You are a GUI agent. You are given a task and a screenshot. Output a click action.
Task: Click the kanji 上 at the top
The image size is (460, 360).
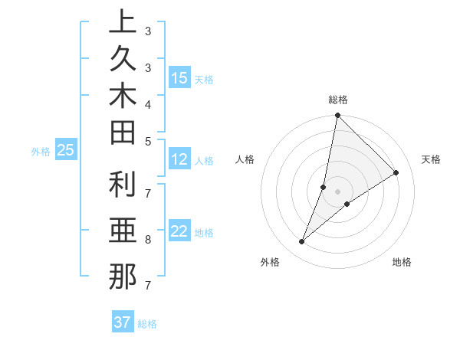122,23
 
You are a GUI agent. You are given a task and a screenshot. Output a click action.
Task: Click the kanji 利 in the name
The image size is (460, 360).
122,185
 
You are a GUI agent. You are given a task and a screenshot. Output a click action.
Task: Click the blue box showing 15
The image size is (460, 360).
179,78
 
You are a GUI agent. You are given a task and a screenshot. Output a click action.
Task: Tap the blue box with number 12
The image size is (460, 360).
179,160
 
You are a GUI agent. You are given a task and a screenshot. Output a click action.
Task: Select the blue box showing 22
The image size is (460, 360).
179,232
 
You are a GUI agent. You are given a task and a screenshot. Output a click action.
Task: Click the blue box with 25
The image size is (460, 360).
65,151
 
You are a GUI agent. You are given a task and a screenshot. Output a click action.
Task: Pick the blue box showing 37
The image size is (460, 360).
122,322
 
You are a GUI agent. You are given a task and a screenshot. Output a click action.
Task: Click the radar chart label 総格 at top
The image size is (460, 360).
338,100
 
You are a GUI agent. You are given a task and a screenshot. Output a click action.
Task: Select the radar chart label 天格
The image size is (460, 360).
431,159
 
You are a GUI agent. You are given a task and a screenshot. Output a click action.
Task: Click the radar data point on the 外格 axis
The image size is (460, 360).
302,242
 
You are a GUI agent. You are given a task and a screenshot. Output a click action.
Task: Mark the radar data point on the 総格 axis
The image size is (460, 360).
338,116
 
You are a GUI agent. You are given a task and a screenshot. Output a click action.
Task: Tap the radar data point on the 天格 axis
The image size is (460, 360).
396,173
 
